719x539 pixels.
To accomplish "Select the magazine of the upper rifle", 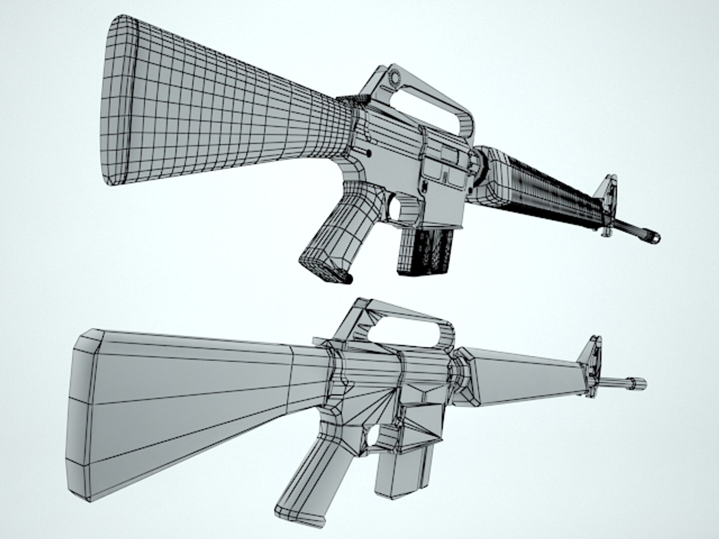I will tap(424, 252).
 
